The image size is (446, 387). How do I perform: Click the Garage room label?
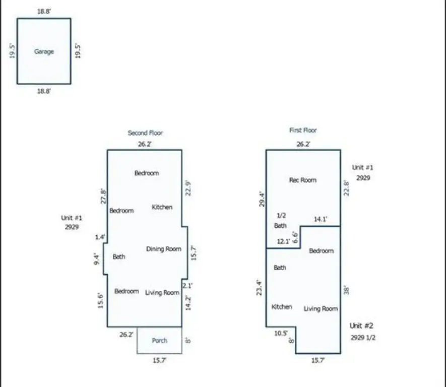(x=44, y=51)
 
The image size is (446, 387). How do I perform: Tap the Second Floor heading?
(x=145, y=133)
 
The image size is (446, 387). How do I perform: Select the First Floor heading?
(x=303, y=131)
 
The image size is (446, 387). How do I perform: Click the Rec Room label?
(x=303, y=180)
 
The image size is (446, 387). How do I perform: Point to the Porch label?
(x=160, y=341)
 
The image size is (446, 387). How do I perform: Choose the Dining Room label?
(x=163, y=249)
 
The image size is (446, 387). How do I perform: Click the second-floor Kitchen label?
(x=162, y=207)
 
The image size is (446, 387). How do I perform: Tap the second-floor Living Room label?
(x=162, y=292)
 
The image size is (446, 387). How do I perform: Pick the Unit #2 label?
(x=362, y=326)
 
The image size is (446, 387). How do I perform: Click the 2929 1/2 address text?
(x=363, y=338)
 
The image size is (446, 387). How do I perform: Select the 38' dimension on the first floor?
(x=347, y=291)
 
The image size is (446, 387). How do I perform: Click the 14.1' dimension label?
(x=321, y=219)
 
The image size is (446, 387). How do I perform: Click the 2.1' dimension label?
(x=187, y=286)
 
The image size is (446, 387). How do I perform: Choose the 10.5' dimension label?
(x=281, y=333)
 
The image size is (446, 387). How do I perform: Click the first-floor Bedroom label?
(x=321, y=251)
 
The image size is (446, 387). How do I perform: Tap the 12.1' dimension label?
(x=283, y=242)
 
